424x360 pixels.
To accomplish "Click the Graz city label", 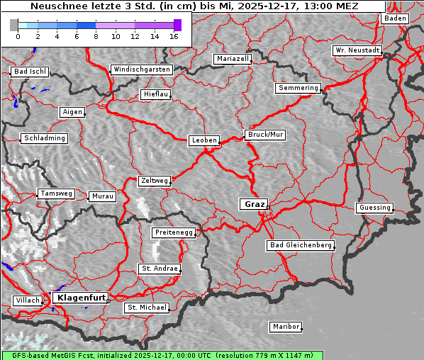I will (254, 204).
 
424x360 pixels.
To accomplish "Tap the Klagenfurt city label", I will (81, 298).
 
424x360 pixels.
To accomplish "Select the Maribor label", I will (286, 327).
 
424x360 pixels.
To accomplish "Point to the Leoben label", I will (204, 140).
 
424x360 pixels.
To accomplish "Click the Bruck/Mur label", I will (264, 134).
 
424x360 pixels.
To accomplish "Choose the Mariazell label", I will (233, 59).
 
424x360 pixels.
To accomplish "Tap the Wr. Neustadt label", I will (357, 51).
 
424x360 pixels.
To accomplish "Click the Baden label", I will (395, 18).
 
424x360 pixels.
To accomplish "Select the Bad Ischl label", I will (30, 72).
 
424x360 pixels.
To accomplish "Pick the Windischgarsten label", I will (141, 69).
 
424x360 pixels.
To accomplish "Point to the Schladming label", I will (45, 138).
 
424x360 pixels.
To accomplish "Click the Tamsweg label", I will (56, 193).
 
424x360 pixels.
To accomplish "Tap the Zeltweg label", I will (154, 181).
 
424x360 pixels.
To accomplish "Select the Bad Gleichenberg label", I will (300, 245).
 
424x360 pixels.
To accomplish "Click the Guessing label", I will (374, 208).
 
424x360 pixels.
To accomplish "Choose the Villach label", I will (27, 300).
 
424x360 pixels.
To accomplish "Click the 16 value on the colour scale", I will (174, 36).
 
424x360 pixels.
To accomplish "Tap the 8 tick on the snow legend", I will (96, 36).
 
